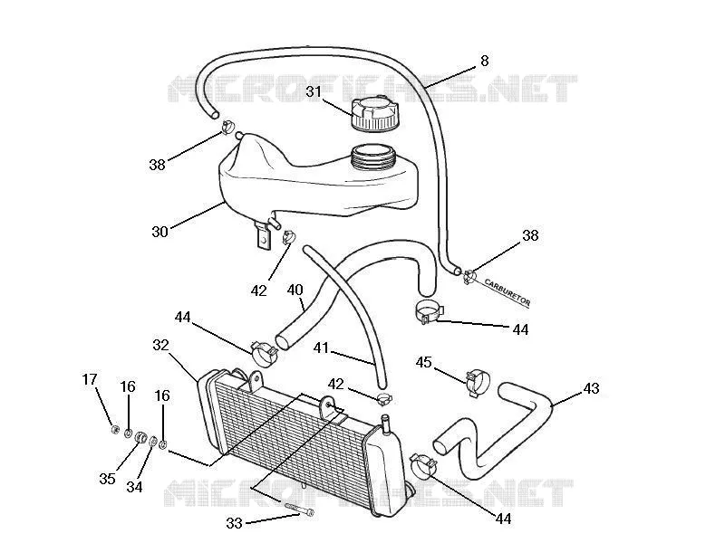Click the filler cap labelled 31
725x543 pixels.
pyautogui.click(x=374, y=114)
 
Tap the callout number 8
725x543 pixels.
pyautogui.click(x=484, y=61)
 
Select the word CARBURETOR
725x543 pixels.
pyautogui.click(x=507, y=291)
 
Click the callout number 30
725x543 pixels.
pyautogui.click(x=160, y=232)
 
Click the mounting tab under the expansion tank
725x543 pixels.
pyautogui.click(x=262, y=235)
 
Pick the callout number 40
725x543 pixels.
pyautogui.click(x=295, y=290)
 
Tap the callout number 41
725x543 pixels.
pyautogui.click(x=322, y=348)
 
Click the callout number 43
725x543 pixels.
pyautogui.click(x=591, y=388)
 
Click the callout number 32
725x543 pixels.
pyautogui.click(x=161, y=345)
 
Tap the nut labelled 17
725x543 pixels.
pyautogui.click(x=115, y=430)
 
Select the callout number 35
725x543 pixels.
pyautogui.click(x=107, y=479)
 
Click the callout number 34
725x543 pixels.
pyautogui.click(x=134, y=487)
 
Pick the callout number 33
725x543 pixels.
pyautogui.click(x=235, y=523)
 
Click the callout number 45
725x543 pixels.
pyautogui.click(x=423, y=362)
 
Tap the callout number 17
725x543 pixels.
pyautogui.click(x=90, y=379)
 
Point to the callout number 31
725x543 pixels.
pyautogui.click(x=314, y=91)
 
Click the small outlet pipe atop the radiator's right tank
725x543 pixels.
pyautogui.click(x=385, y=424)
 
